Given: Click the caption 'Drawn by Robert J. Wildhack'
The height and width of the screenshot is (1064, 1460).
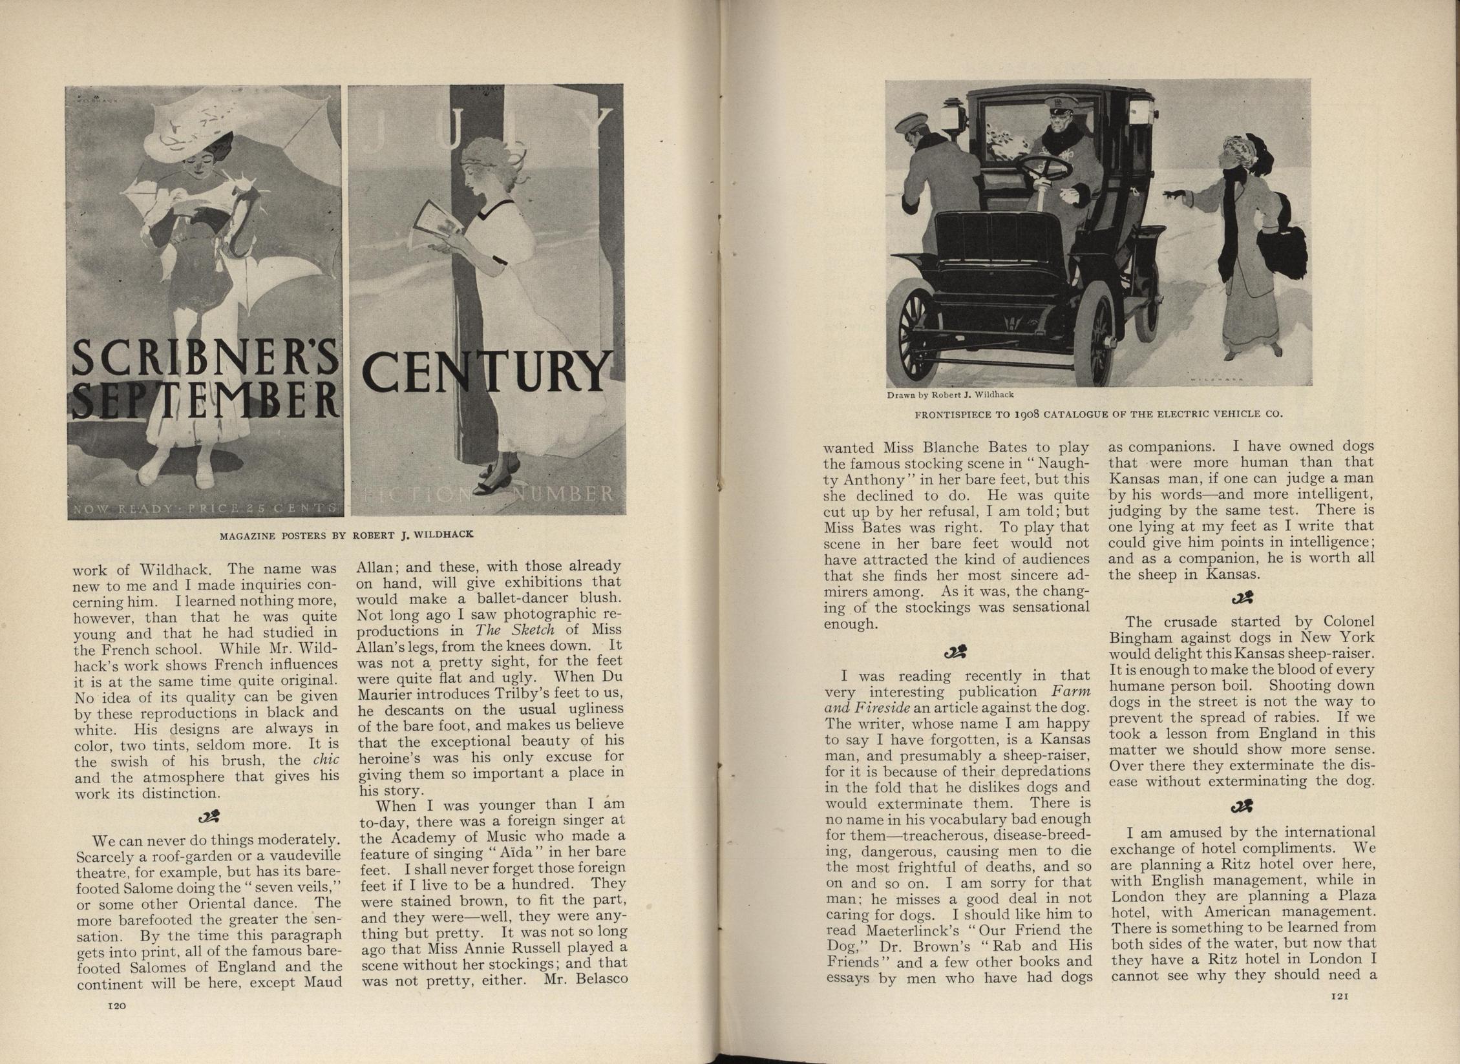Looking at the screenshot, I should pos(949,394).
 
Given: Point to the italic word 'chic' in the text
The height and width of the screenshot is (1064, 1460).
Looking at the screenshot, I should pos(326,760).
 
